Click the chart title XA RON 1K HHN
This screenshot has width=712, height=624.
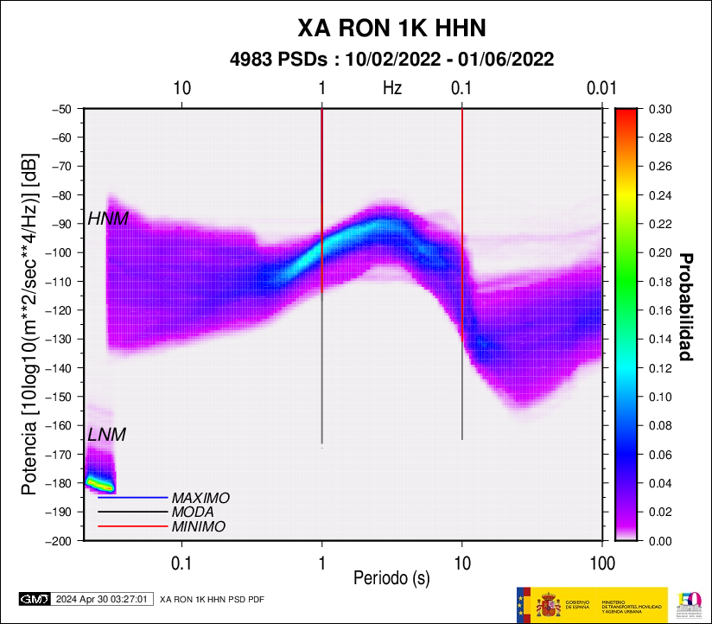391,29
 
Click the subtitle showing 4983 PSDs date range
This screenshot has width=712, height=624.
391,60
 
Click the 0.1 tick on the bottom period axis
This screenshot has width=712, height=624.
181,562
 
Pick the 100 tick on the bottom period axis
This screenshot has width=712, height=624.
601,562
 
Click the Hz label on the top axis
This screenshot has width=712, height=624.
392,87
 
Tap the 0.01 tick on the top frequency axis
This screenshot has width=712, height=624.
601,87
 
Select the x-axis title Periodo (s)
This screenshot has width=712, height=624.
391,576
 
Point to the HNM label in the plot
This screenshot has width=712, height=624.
108,220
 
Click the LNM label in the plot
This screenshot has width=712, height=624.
107,435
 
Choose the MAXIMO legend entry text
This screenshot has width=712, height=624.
200,499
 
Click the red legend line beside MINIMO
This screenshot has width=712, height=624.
132,526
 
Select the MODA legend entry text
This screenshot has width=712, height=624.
193,513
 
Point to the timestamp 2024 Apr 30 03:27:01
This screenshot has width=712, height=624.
105,598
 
